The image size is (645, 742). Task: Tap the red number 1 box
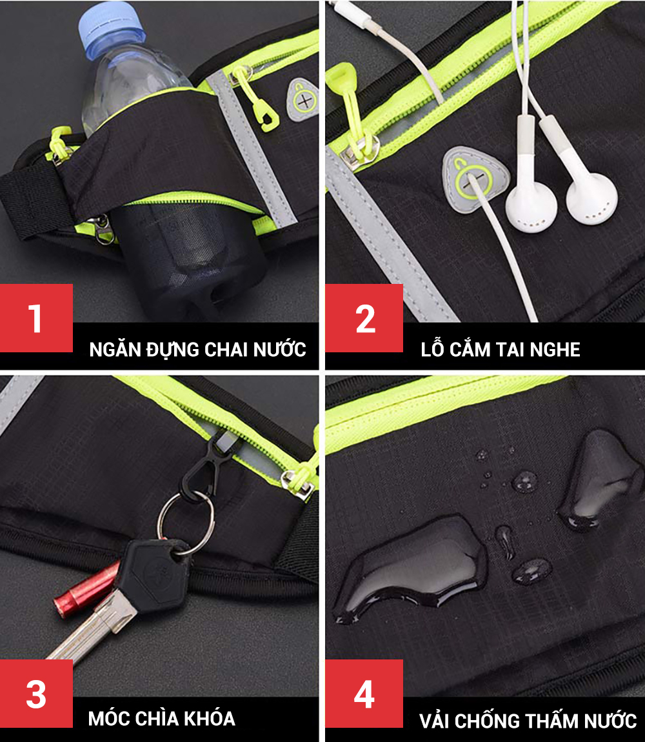36,317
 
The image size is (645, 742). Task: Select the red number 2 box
364,317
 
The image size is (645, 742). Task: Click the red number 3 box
36,693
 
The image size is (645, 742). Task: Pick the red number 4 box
364,693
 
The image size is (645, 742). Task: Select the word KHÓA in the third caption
209,718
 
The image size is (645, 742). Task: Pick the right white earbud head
591,197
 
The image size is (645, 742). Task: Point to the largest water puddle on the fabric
412,568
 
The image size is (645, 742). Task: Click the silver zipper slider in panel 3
298,483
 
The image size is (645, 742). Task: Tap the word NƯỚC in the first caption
279,350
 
